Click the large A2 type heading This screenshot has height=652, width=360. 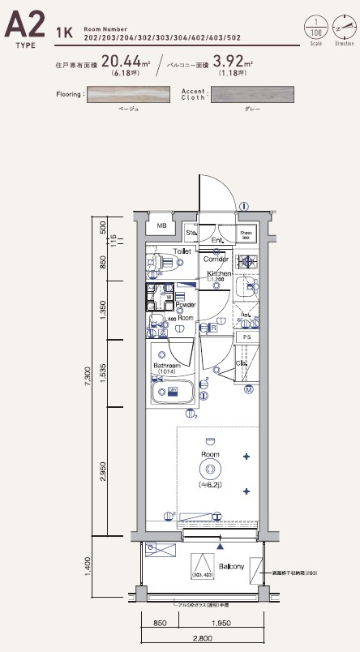pyautogui.click(x=25, y=27)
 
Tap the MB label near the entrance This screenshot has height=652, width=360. pyautogui.click(x=161, y=226)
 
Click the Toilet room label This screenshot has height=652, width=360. pyautogui.click(x=182, y=252)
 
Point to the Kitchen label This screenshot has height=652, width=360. pyautogui.click(x=220, y=274)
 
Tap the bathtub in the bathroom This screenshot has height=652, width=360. pyautogui.click(x=172, y=392)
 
